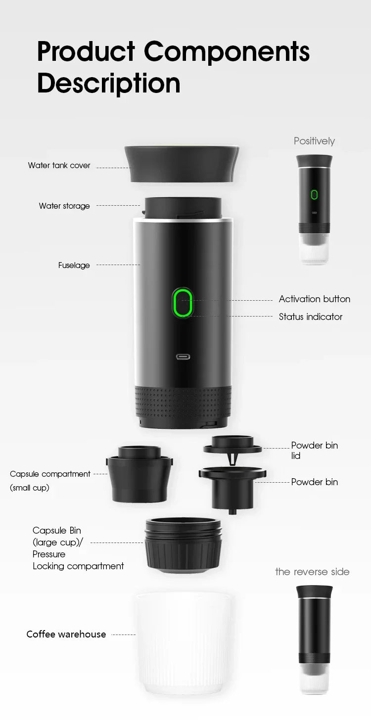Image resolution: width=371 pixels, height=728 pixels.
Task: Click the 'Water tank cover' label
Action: pos(59,166)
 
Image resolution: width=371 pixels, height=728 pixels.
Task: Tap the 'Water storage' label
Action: pos(64,206)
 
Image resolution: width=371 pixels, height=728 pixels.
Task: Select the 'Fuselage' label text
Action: pos(74,266)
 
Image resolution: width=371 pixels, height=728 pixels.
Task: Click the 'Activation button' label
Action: pos(314,299)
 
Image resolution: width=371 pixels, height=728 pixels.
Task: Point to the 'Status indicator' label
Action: pos(311,317)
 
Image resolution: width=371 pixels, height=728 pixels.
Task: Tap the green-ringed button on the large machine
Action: pos(183,303)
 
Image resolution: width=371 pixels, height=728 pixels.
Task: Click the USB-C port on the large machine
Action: pos(183,357)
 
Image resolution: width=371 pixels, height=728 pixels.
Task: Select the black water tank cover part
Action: pos(182,164)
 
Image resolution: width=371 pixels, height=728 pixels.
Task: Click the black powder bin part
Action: pos(232,487)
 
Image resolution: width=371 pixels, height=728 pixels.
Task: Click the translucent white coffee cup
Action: pos(183,643)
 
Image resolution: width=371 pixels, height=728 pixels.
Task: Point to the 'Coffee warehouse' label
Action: pos(66,635)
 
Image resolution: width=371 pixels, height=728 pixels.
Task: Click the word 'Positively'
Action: pos(314,141)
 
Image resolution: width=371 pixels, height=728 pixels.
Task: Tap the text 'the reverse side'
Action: pos(312,572)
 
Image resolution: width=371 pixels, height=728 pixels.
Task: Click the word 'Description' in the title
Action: pos(109,83)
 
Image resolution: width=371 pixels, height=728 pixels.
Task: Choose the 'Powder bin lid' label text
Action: pos(314,450)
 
